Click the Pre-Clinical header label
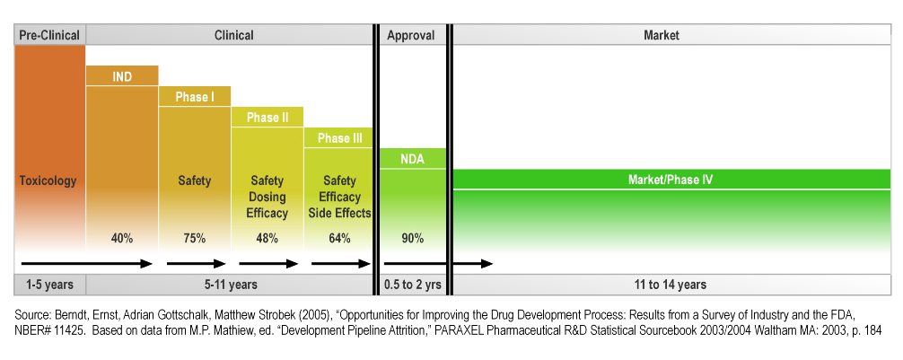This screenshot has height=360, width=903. [49, 36]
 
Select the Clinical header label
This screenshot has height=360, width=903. [233, 36]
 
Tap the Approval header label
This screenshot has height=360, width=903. [411, 36]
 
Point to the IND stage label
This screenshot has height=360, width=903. [122, 77]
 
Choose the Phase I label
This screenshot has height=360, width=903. [194, 97]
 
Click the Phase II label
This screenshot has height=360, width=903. [267, 118]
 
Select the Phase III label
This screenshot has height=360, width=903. [339, 138]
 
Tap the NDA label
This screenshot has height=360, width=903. [412, 160]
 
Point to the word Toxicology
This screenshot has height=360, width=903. [48, 180]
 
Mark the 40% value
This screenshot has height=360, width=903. [122, 238]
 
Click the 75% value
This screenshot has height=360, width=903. [194, 238]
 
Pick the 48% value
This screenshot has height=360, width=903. [267, 238]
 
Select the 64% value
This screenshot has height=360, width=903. [339, 238]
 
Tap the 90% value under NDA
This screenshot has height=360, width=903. [412, 238]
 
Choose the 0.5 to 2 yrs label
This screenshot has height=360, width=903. [412, 285]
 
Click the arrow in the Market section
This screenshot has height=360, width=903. [473, 264]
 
